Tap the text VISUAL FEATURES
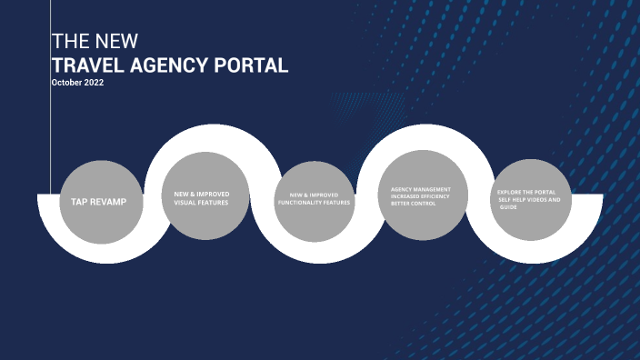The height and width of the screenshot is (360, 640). point(201,202)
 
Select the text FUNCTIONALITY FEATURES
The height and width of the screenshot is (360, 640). point(314,202)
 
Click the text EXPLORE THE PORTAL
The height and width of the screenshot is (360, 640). point(526,192)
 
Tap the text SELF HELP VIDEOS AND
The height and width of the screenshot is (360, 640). point(529,199)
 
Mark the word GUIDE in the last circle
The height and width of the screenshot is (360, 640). point(506,207)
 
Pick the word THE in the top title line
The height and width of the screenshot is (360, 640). point(68,42)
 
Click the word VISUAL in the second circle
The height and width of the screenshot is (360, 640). point(185,202)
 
